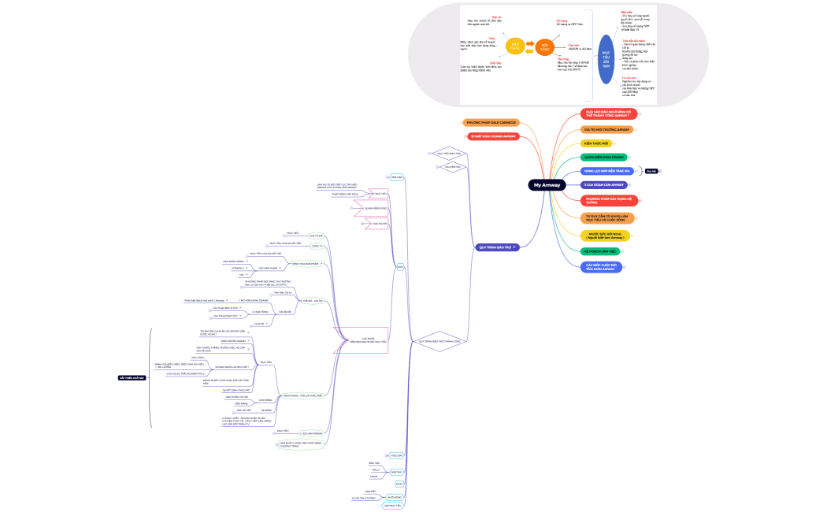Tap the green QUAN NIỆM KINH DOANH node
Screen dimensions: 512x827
[603, 157]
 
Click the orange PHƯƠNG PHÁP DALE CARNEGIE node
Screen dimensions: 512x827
[491, 123]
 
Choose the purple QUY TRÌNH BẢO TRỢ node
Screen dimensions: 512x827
[496, 247]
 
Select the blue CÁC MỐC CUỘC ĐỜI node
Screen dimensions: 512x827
[602, 266]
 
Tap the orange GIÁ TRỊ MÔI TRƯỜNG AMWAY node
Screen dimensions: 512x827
[606, 128]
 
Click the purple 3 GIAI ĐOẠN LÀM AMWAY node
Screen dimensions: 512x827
[603, 184]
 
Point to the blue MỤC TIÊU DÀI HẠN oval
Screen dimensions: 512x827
[606, 59]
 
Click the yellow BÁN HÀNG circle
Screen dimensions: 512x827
[514, 46]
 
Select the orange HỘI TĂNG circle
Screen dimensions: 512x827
[544, 46]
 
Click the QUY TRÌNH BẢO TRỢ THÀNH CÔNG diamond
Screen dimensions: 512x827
[439, 341]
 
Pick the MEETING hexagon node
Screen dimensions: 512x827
[396, 471]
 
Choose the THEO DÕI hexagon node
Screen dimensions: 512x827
[396, 455]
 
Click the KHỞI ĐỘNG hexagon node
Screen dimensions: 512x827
[395, 497]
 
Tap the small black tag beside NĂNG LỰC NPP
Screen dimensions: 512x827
[651, 171]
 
